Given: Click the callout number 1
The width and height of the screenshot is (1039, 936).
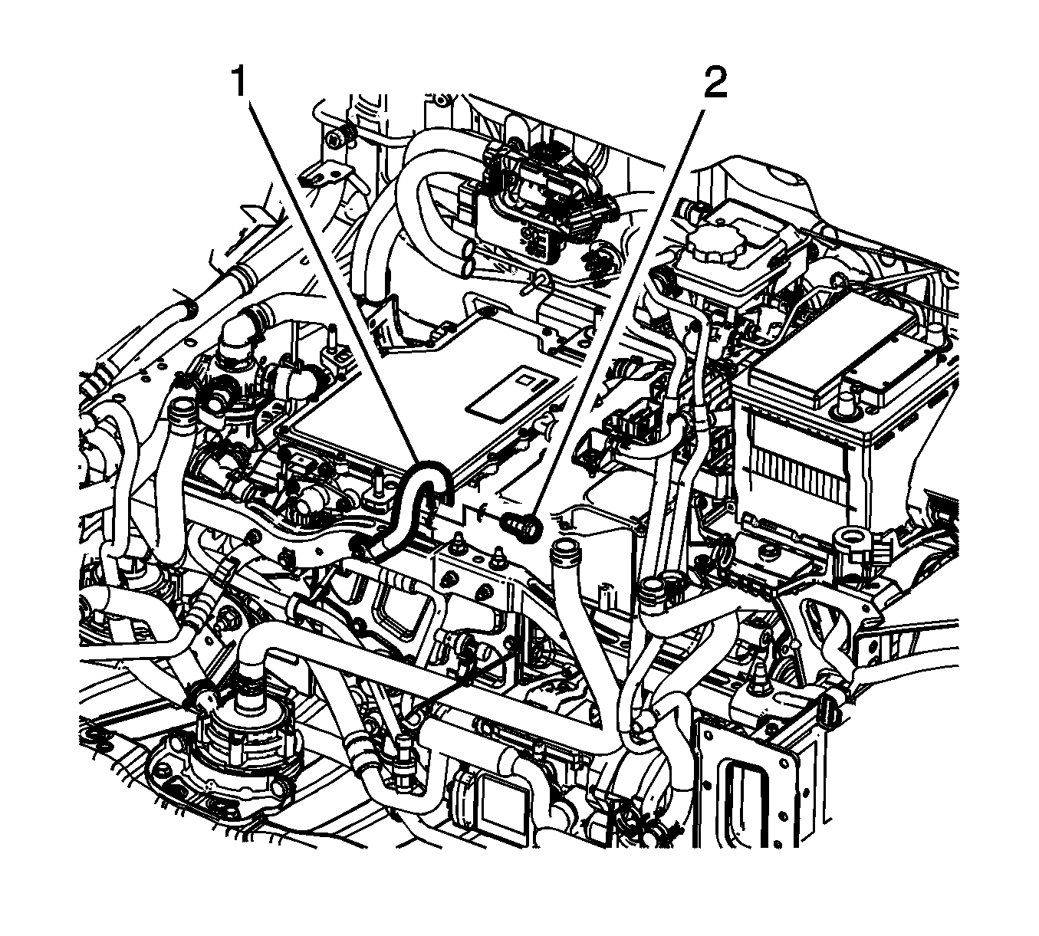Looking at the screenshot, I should [240, 83].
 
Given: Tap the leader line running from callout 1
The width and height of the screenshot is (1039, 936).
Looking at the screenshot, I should [330, 276].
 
